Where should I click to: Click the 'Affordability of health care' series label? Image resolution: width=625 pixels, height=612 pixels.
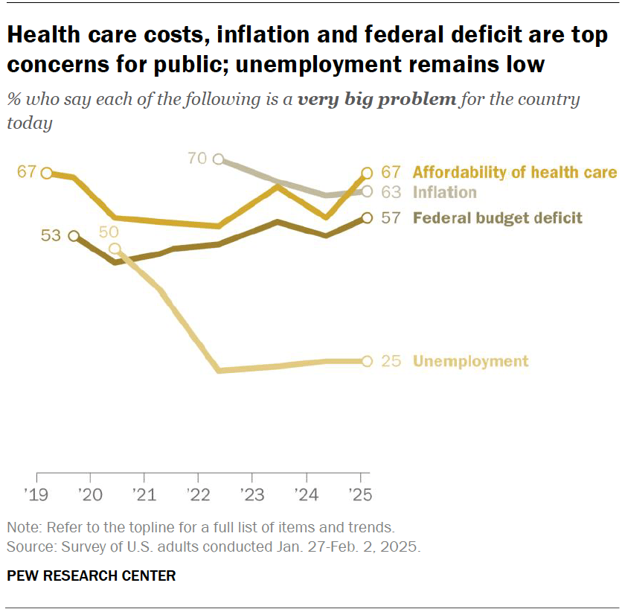tap(514, 173)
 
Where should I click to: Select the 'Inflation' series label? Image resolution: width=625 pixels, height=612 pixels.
tap(444, 192)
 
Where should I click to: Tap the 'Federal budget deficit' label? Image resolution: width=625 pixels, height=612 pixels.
tap(497, 218)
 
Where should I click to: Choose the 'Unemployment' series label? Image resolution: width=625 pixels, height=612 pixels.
tap(470, 362)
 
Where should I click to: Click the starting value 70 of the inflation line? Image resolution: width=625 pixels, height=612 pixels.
tap(198, 159)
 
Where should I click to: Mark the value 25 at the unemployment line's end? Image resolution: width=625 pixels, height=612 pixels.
tap(391, 362)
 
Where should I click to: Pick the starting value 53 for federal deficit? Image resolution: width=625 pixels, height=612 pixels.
tap(51, 236)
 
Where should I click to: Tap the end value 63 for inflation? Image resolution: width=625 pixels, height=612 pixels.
tap(391, 192)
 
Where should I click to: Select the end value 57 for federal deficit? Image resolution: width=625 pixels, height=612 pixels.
tap(391, 218)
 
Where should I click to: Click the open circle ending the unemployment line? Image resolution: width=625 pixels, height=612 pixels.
tap(366, 361)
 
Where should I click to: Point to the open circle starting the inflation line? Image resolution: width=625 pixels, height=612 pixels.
tap(218, 159)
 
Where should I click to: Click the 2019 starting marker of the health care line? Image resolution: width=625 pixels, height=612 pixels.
tap(46, 173)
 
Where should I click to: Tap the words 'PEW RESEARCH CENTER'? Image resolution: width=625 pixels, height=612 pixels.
tap(91, 576)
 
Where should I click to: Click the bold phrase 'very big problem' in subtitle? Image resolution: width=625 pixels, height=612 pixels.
tap(376, 100)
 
